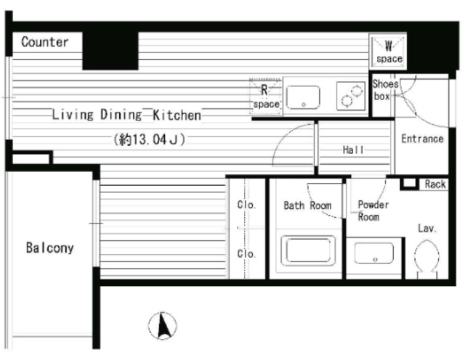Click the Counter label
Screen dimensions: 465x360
[45, 42]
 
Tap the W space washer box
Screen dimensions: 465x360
[388, 52]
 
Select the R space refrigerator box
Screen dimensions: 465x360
[266, 97]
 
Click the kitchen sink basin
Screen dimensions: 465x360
[303, 97]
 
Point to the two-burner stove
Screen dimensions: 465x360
[351, 96]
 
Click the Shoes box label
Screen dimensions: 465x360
[385, 90]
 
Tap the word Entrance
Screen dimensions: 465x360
[422, 139]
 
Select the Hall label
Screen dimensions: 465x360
[353, 150]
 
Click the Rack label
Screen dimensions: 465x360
[435, 184]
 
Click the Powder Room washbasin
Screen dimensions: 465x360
[374, 253]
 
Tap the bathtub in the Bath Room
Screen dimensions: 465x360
[308, 251]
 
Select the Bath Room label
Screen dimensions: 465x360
[307, 205]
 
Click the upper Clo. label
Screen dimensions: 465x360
[246, 205]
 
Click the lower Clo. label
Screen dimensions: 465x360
[246, 254]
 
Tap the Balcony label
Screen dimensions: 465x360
[50, 248]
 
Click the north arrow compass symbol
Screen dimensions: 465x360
[163, 326]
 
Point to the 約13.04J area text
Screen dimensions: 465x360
[149, 139]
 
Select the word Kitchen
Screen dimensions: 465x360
[177, 115]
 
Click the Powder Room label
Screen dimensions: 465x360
[373, 210]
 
